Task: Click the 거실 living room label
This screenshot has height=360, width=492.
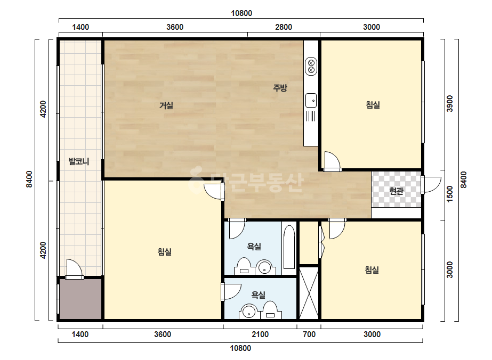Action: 166,105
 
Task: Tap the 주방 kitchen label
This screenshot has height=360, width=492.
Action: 280,87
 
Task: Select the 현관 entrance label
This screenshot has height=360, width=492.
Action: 396,191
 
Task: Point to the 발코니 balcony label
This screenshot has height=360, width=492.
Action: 79,161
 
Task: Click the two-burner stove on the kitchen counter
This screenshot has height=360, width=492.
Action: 311,67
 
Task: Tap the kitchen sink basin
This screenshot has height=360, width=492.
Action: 311,101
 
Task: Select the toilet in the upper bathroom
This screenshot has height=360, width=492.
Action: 243,266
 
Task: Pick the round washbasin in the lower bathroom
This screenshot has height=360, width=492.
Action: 249,312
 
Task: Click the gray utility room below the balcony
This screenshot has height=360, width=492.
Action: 80,299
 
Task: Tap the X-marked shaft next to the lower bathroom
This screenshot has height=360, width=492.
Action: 309,292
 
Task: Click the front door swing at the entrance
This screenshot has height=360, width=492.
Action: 431,185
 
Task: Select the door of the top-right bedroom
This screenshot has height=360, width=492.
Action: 333,161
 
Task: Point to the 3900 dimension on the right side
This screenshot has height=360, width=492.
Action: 450,103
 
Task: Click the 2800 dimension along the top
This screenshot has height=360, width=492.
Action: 284,27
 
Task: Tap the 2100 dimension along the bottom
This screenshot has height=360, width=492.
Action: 260,334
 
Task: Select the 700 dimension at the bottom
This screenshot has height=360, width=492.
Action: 309,334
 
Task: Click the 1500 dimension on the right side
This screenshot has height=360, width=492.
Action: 450,194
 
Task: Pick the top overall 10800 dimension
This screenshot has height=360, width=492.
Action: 241,13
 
